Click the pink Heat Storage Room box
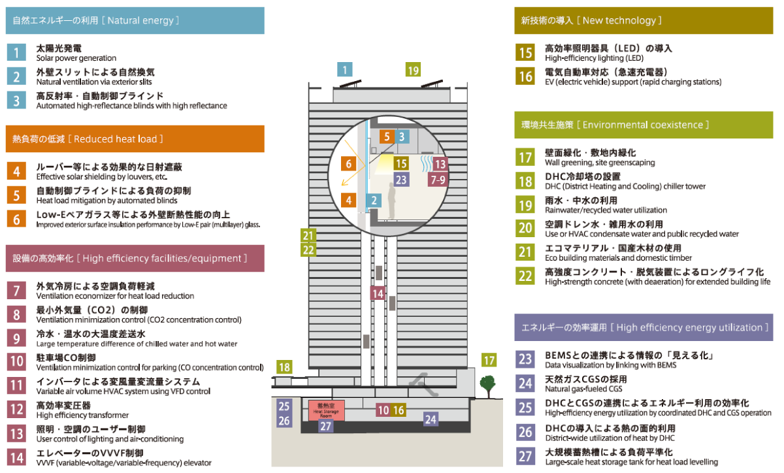(x=326, y=410)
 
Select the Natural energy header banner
(x=135, y=21)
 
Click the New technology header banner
(x=644, y=21)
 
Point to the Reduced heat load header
(x=135, y=139)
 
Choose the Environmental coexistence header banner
(x=644, y=125)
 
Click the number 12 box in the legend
(x=16, y=410)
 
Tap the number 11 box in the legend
(x=16, y=385)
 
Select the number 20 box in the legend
(x=525, y=228)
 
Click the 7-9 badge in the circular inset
(x=438, y=180)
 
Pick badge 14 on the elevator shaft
(x=378, y=293)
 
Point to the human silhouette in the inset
(x=391, y=201)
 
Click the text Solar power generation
(x=76, y=58)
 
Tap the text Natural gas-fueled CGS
(x=583, y=389)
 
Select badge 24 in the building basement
(x=431, y=419)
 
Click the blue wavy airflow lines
(x=426, y=163)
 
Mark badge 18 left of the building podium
(x=284, y=367)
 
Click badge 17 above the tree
(x=489, y=360)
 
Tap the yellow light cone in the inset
(x=384, y=163)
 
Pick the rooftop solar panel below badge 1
(x=350, y=84)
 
